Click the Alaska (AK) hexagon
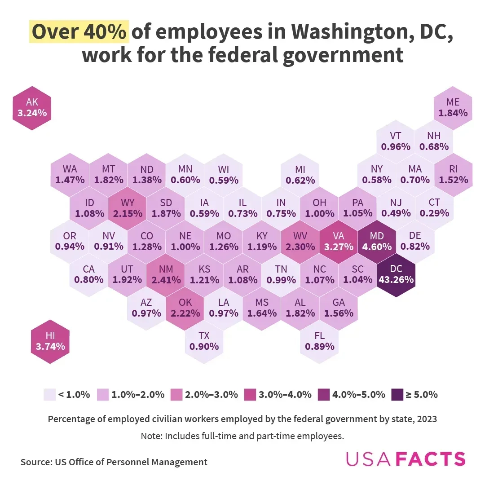click(x=32, y=108)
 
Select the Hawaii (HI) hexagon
click(x=50, y=341)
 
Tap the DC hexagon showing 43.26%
click(x=396, y=274)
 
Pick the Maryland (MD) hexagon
click(x=377, y=241)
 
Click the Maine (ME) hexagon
click(x=453, y=108)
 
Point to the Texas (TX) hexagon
click(x=204, y=341)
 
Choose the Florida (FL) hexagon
click(x=319, y=341)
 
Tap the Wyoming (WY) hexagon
click(x=128, y=208)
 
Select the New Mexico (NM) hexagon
click(x=166, y=274)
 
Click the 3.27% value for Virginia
click(x=338, y=247)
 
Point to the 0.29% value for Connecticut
click(x=434, y=213)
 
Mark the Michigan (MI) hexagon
click(x=300, y=175)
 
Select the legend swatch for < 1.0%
click(x=49, y=395)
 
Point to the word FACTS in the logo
click(x=432, y=459)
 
